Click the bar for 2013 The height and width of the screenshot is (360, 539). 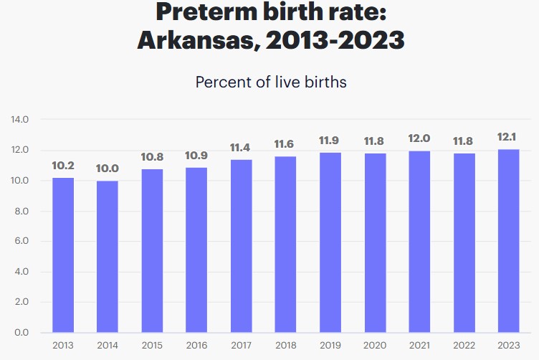click(x=63, y=255)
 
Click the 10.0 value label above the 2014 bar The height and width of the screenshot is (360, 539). click(x=108, y=169)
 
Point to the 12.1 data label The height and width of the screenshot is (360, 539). click(x=508, y=137)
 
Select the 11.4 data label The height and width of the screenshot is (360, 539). click(x=241, y=148)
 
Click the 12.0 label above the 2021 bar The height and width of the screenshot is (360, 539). click(x=419, y=138)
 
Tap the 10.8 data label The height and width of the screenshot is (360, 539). click(x=152, y=156)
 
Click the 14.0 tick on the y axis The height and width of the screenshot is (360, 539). click(x=19, y=120)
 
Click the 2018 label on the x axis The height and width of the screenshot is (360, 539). click(x=285, y=346)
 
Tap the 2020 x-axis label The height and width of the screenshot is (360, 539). click(x=374, y=346)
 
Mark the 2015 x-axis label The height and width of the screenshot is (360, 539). click(x=152, y=346)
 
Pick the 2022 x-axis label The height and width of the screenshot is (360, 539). click(x=464, y=346)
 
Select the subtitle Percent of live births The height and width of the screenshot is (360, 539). click(x=270, y=82)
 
